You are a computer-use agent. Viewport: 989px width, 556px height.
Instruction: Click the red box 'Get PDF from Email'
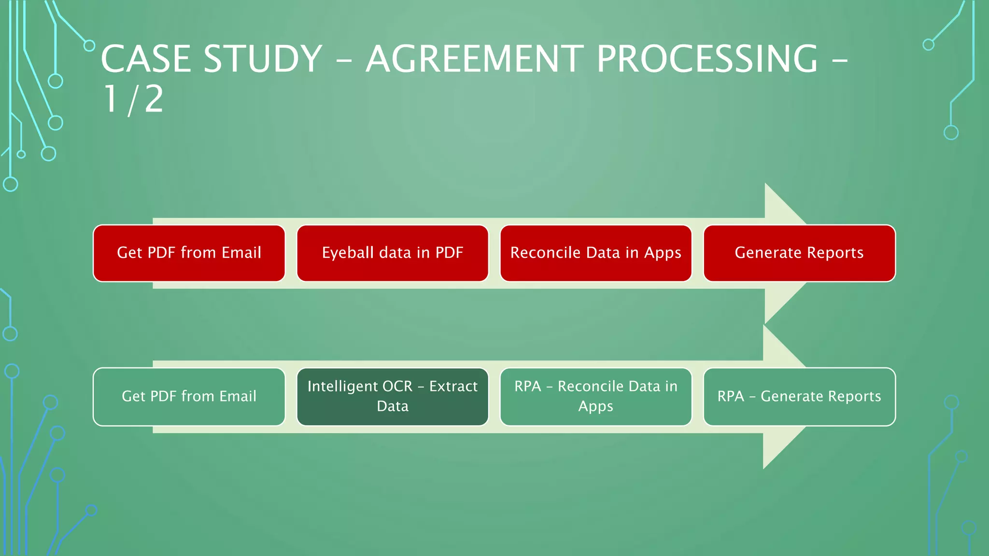pyautogui.click(x=189, y=253)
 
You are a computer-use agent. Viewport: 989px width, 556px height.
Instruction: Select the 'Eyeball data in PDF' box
pyautogui.click(x=392, y=253)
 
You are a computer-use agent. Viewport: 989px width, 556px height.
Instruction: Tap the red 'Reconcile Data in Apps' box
pyautogui.click(x=595, y=253)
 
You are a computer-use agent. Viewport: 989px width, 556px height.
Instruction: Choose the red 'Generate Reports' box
pyautogui.click(x=799, y=253)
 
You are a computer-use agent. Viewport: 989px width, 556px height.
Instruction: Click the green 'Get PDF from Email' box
pyautogui.click(x=189, y=396)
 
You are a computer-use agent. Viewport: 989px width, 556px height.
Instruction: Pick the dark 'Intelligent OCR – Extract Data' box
pyautogui.click(x=392, y=396)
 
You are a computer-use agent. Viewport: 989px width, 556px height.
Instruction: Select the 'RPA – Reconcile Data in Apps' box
pyautogui.click(x=595, y=396)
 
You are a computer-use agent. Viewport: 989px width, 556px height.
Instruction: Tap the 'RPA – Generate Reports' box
pyautogui.click(x=799, y=396)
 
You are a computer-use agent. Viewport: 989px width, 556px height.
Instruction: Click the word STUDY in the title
pyautogui.click(x=263, y=59)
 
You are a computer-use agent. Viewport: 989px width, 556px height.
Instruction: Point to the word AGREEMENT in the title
pyautogui.click(x=475, y=59)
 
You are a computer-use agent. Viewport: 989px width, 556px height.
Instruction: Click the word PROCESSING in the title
pyautogui.click(x=707, y=59)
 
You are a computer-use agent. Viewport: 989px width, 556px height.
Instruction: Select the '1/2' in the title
pyautogui.click(x=134, y=99)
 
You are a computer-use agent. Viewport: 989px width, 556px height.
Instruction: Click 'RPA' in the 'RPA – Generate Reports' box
pyautogui.click(x=730, y=396)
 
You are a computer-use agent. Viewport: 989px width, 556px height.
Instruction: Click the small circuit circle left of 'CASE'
pyautogui.click(x=89, y=46)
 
